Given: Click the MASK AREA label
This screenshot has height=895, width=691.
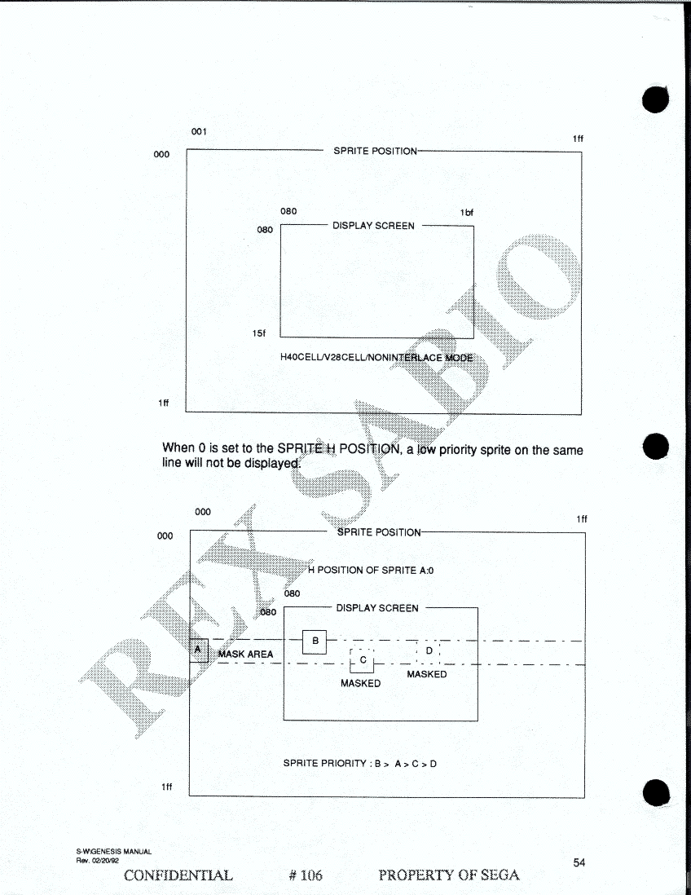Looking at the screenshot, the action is (245, 654).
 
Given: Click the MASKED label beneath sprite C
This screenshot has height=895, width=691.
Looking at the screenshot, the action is (361, 683).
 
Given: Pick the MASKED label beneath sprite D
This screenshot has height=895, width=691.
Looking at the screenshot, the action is (427, 674).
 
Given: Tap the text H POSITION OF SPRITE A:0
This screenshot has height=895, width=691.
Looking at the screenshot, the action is (371, 571).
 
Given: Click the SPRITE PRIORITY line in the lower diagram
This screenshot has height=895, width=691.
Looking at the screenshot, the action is (360, 763).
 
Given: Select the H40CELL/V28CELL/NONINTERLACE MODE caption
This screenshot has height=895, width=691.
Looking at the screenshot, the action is (376, 357).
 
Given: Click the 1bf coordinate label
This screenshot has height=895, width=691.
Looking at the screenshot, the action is (467, 212).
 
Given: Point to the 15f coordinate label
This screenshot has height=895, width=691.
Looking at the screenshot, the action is (259, 333).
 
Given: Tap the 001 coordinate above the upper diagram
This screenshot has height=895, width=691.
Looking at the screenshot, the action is (199, 131).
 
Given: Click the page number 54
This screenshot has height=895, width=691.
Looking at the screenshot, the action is (579, 862).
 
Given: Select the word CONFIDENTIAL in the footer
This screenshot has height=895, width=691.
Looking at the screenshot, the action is (178, 875).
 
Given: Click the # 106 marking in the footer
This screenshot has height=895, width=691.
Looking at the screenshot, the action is (306, 875).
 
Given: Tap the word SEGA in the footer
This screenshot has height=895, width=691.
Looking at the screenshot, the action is (500, 875).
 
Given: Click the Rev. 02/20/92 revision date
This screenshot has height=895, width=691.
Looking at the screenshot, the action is (98, 861).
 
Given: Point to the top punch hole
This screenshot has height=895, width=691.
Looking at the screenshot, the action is (656, 99).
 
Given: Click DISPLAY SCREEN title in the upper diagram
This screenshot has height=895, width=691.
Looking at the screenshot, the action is (374, 226).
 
